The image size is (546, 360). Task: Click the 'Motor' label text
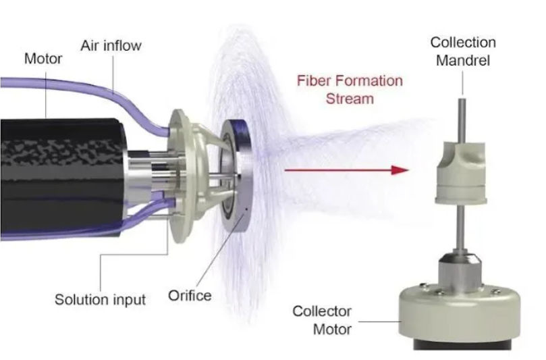pos(43,59)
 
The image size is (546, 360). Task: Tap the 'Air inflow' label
pos(111,46)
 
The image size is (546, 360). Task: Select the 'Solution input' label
pos(100,300)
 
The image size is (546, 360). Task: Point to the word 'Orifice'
pos(190,296)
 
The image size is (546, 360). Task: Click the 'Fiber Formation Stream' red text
pos(350,90)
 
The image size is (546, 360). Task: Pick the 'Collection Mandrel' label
pos(463,51)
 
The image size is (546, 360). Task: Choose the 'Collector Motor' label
pos(322,320)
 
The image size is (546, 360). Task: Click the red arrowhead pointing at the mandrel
pos(400,170)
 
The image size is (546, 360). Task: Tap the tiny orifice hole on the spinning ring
pos(247,209)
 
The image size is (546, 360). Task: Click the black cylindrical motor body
pos(63,178)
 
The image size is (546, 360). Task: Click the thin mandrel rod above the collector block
pos(462,120)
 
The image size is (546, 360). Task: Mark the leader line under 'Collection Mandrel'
pos(462,83)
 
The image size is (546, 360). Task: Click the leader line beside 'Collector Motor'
pos(379,322)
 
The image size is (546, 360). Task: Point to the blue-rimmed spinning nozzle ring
pos(236,176)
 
